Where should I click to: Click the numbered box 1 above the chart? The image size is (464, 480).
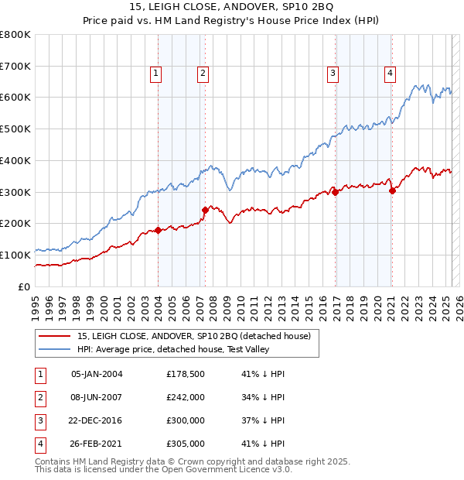click(155, 74)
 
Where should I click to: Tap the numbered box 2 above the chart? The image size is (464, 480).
click(202, 74)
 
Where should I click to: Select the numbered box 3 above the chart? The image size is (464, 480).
click(333, 74)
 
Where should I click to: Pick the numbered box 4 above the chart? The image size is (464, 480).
click(390, 74)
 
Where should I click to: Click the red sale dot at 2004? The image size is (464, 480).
click(158, 230)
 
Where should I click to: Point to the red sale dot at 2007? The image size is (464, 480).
click(205, 210)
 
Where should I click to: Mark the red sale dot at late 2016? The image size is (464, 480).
click(336, 192)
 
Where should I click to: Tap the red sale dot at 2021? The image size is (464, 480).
click(392, 190)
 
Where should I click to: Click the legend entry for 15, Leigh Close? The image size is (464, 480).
click(193, 336)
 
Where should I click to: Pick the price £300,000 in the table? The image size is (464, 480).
click(186, 421)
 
